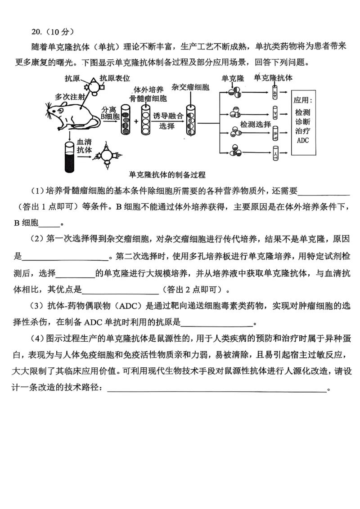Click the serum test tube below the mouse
point(69,157)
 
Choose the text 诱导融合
point(168,116)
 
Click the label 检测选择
point(256,124)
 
